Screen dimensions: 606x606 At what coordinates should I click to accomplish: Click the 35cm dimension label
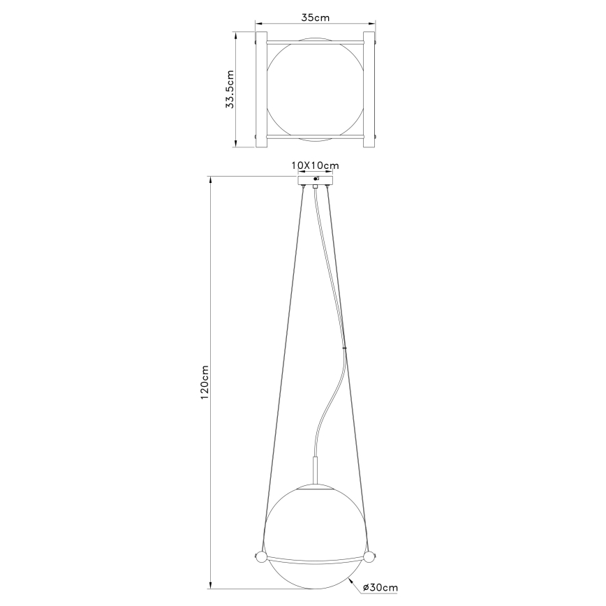(315, 17)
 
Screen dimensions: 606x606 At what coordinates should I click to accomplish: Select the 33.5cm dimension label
(230, 89)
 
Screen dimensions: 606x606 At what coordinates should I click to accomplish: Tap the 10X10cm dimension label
(315, 165)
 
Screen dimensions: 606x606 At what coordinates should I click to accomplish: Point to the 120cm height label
(205, 382)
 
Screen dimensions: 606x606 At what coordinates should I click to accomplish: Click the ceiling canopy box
(315, 181)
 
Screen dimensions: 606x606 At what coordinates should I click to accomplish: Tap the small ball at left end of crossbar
(260, 558)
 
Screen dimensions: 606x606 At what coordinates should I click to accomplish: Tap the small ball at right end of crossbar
(369, 557)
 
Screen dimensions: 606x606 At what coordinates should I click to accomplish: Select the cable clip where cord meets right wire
(344, 348)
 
